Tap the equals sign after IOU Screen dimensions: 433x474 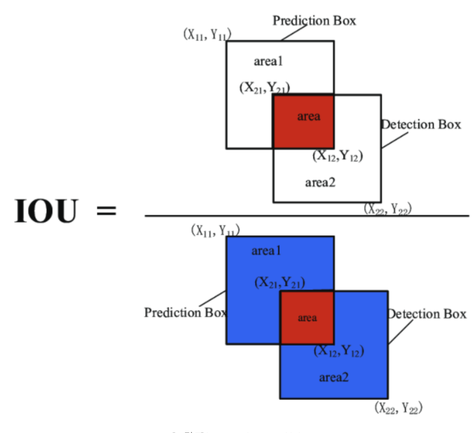click(x=106, y=211)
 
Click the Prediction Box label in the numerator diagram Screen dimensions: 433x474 click(x=314, y=21)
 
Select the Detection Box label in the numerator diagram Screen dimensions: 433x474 click(x=421, y=125)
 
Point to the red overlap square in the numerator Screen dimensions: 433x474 click(x=303, y=122)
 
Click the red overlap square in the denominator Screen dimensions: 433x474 click(x=307, y=318)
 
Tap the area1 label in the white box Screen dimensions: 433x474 click(x=269, y=61)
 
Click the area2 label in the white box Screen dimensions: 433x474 click(x=320, y=182)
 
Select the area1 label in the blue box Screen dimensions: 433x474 click(x=266, y=251)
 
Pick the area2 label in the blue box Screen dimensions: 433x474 click(x=334, y=377)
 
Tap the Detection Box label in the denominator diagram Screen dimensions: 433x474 click(x=427, y=314)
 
